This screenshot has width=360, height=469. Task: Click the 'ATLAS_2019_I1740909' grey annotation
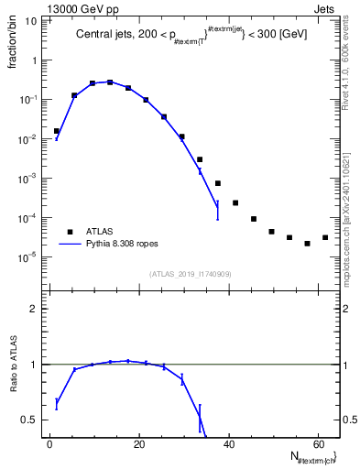click(x=190, y=273)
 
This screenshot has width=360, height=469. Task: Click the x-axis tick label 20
click(x=138, y=445)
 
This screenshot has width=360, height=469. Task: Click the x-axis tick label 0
click(x=50, y=445)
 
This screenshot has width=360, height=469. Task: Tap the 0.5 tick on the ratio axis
click(x=32, y=420)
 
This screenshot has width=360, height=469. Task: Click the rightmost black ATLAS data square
click(x=324, y=237)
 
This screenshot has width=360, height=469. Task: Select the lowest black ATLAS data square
click(x=307, y=244)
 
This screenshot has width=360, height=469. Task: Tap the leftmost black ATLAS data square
click(x=56, y=131)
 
